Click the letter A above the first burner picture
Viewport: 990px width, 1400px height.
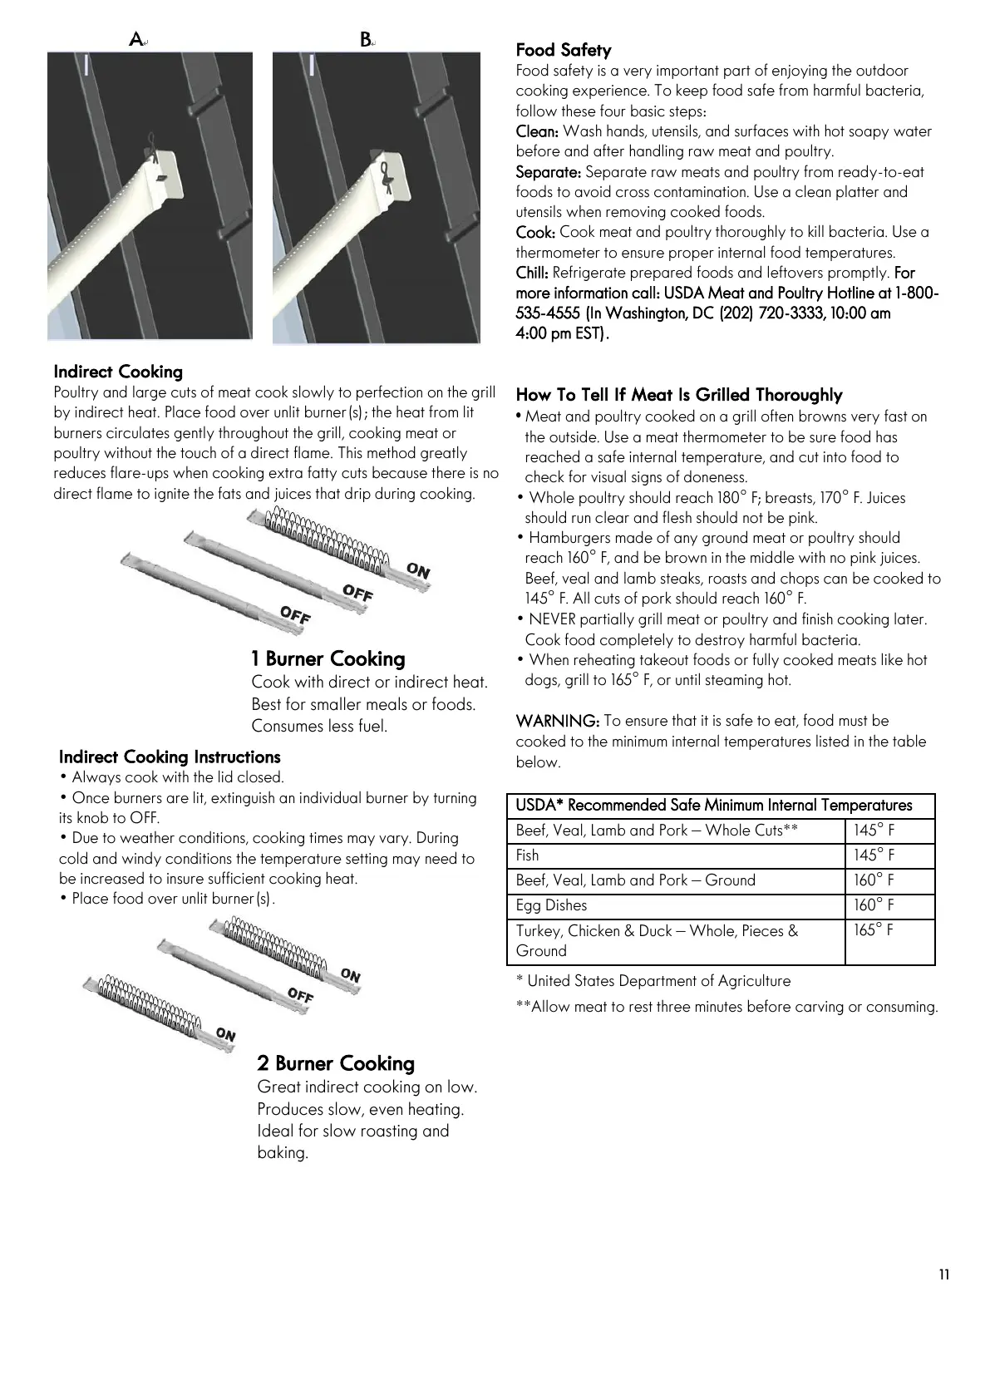pos(136,39)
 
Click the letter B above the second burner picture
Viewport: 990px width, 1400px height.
pos(366,39)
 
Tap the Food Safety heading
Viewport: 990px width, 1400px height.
pos(563,50)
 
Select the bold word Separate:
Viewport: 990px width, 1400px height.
pos(548,172)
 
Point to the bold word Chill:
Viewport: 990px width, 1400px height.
pos(532,273)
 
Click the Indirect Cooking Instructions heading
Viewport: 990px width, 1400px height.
pos(170,757)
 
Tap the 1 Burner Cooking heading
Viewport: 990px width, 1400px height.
pos(328,659)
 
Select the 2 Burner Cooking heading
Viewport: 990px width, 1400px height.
pos(336,1063)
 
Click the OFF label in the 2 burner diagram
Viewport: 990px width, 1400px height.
pos(300,994)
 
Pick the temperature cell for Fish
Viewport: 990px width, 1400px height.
pos(874,855)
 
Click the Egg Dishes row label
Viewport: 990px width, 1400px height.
pos(551,905)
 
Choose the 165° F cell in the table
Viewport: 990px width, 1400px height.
pos(874,930)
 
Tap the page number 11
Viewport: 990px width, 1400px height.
pos(943,1275)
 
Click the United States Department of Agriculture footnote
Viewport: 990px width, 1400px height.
pos(653,981)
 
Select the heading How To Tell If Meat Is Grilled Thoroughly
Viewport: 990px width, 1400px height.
pos(679,395)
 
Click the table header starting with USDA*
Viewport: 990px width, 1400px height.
pos(713,806)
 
